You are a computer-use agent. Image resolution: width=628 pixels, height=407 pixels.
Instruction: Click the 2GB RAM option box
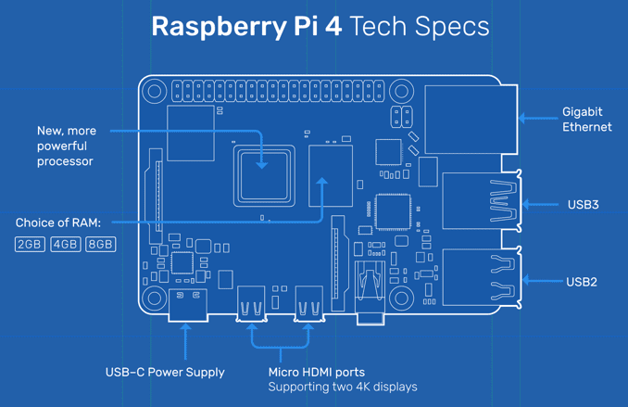point(30,244)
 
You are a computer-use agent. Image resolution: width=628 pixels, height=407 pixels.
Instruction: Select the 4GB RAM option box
point(65,244)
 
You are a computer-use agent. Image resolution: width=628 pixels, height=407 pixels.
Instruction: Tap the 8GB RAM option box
point(100,244)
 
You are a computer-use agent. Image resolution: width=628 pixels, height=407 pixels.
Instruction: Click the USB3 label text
point(583,205)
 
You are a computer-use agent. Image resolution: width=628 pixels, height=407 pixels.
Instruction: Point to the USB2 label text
point(582,282)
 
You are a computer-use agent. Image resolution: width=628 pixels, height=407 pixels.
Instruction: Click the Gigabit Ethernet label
point(586,120)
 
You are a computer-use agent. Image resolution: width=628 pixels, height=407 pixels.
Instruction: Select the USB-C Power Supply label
point(165,372)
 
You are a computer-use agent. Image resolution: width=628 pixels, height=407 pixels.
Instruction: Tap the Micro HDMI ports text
point(316,372)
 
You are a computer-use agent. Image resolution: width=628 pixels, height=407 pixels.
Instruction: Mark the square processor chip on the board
point(264,174)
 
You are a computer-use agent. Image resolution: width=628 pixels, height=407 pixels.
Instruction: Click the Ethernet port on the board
point(470,121)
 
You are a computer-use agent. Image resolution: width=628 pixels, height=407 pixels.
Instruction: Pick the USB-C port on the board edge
point(188,305)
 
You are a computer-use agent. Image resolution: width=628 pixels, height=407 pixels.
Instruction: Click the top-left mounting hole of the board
point(155,92)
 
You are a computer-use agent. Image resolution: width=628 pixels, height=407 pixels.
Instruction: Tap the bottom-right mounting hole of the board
point(400,299)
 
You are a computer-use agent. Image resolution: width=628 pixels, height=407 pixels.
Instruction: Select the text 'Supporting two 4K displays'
point(342,387)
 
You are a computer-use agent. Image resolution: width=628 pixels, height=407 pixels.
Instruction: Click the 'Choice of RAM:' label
point(58,223)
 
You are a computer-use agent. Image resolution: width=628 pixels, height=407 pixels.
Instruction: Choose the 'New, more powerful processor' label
point(67,146)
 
